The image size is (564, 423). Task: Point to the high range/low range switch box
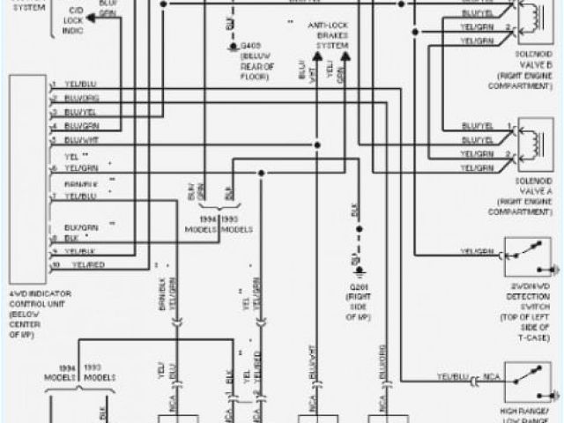(x=528, y=381)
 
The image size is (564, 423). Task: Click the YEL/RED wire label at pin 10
(x=87, y=264)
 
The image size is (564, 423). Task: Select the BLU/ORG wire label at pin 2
(x=81, y=99)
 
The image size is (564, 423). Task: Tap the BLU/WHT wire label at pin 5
(x=81, y=140)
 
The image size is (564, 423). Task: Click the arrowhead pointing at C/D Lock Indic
(x=91, y=17)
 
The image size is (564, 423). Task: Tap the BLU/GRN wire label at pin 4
(x=81, y=126)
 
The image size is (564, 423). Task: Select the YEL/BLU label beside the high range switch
(x=454, y=376)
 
